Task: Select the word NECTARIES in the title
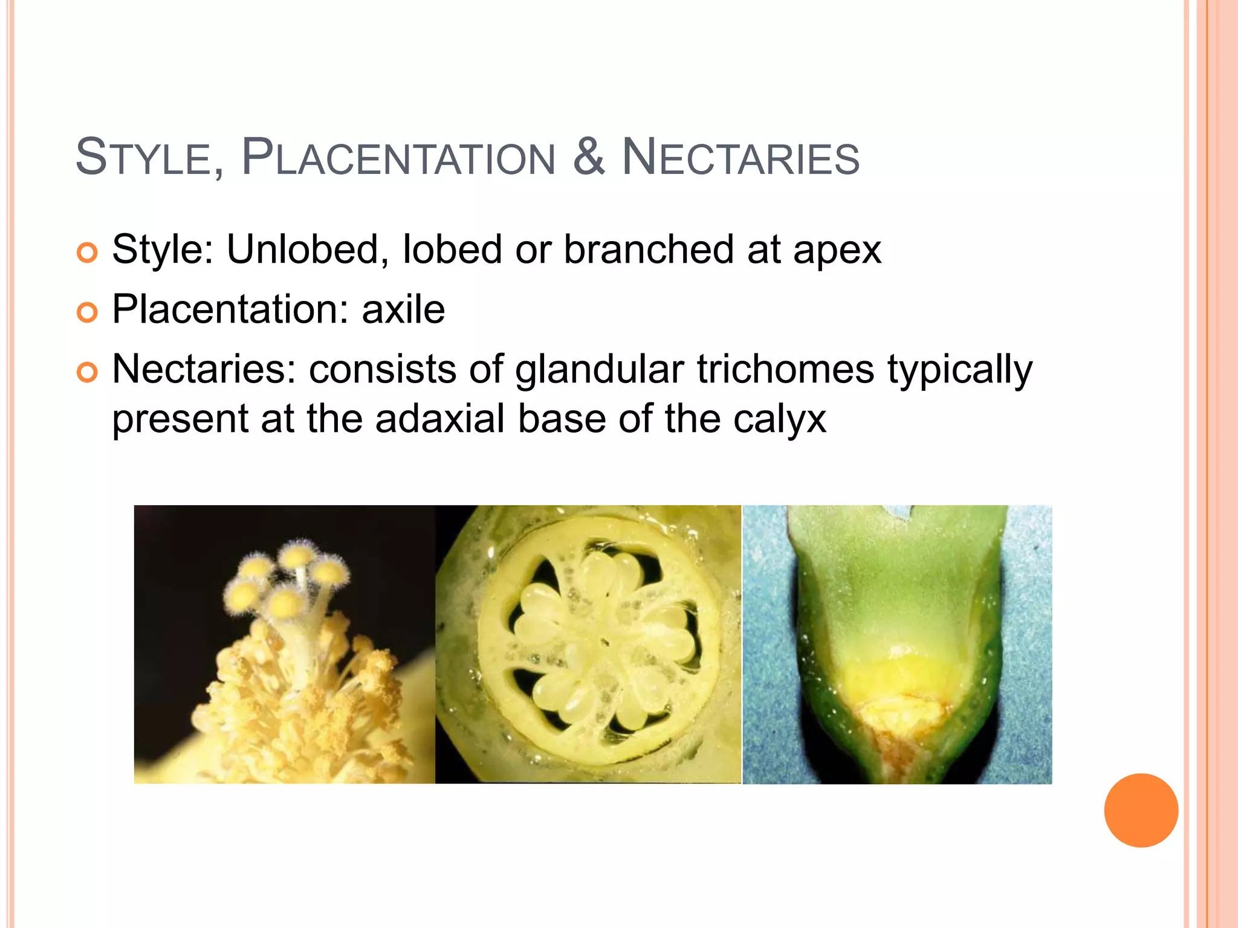741,158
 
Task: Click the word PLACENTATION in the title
398,158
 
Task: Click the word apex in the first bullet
837,250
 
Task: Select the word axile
403,309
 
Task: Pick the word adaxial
439,418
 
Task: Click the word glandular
600,370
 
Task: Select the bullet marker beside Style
88,253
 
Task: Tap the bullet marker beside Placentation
88,312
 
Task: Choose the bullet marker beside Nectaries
88,372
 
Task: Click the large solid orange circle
1141,810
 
